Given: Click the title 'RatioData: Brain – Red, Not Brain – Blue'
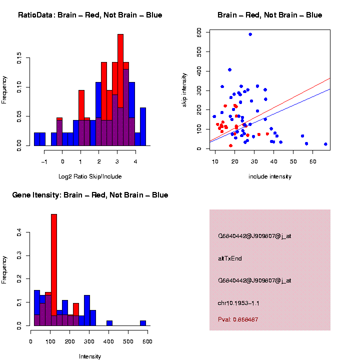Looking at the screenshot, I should click(x=90, y=15).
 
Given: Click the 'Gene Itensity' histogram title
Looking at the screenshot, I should click(x=90, y=195).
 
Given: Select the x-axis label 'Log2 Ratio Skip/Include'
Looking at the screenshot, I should click(x=90, y=176).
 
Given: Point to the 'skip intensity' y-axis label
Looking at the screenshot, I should click(x=184, y=89).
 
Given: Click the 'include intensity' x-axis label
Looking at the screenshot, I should click(x=270, y=176).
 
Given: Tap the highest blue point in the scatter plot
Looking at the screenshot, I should click(x=250, y=34).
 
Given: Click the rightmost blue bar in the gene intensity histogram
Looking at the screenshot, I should click(x=143, y=323).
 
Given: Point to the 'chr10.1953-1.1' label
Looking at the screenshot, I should click(x=238, y=303).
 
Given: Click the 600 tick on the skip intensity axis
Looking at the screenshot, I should click(x=199, y=31).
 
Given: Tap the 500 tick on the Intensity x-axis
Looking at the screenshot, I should click(x=128, y=342).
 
